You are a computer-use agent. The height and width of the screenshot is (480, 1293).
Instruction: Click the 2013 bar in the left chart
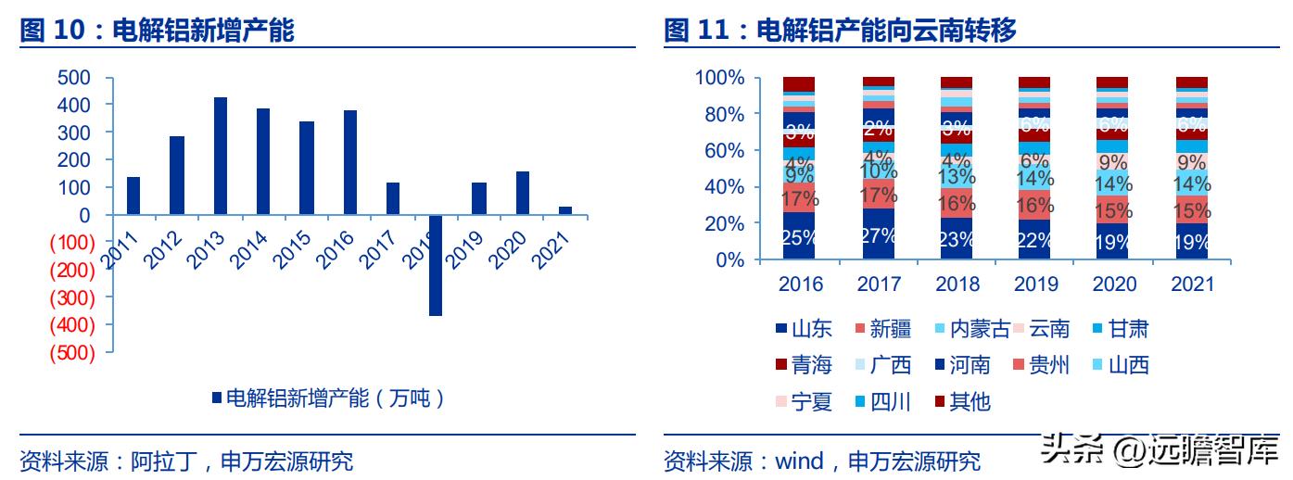(221, 156)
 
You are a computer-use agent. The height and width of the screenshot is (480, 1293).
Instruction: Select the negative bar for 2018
(436, 265)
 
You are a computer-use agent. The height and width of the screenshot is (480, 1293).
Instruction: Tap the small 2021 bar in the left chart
(565, 210)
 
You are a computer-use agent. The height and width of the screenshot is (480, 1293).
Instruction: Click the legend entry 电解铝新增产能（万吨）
(330, 398)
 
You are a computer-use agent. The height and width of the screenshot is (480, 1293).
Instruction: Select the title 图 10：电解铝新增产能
(157, 32)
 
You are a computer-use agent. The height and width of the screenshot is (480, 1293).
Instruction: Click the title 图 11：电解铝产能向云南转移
(841, 32)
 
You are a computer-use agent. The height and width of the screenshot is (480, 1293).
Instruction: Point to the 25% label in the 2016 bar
(798, 237)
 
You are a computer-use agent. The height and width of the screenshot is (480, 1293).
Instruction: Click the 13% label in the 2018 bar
(957, 176)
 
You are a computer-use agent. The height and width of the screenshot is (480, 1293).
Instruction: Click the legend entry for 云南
(1041, 329)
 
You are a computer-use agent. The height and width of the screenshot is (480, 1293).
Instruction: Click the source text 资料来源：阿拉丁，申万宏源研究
(186, 461)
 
